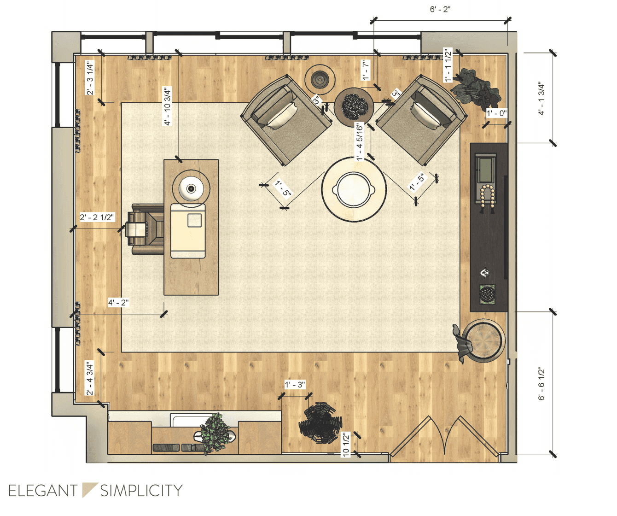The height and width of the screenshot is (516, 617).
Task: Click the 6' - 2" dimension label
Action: tap(440, 10)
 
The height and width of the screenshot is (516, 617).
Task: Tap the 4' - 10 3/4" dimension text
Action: tap(168, 106)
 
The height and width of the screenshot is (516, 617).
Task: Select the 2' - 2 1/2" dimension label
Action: tap(97, 217)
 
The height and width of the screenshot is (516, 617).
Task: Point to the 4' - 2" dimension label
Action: tap(118, 303)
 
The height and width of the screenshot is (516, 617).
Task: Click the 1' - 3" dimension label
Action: tap(295, 385)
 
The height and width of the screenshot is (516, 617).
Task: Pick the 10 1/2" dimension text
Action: tap(346, 444)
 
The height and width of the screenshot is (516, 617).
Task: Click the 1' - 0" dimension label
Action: tap(496, 113)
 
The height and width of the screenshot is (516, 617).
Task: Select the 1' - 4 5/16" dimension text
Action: tap(359, 142)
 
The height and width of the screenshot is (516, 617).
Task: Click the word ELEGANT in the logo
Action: tap(43, 491)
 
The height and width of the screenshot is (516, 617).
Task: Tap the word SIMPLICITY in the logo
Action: tap(141, 491)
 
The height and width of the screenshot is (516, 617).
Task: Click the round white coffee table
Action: tap(354, 188)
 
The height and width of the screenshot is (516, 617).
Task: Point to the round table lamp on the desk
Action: tap(191, 188)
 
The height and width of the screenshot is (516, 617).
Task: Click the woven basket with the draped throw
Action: tap(482, 340)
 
